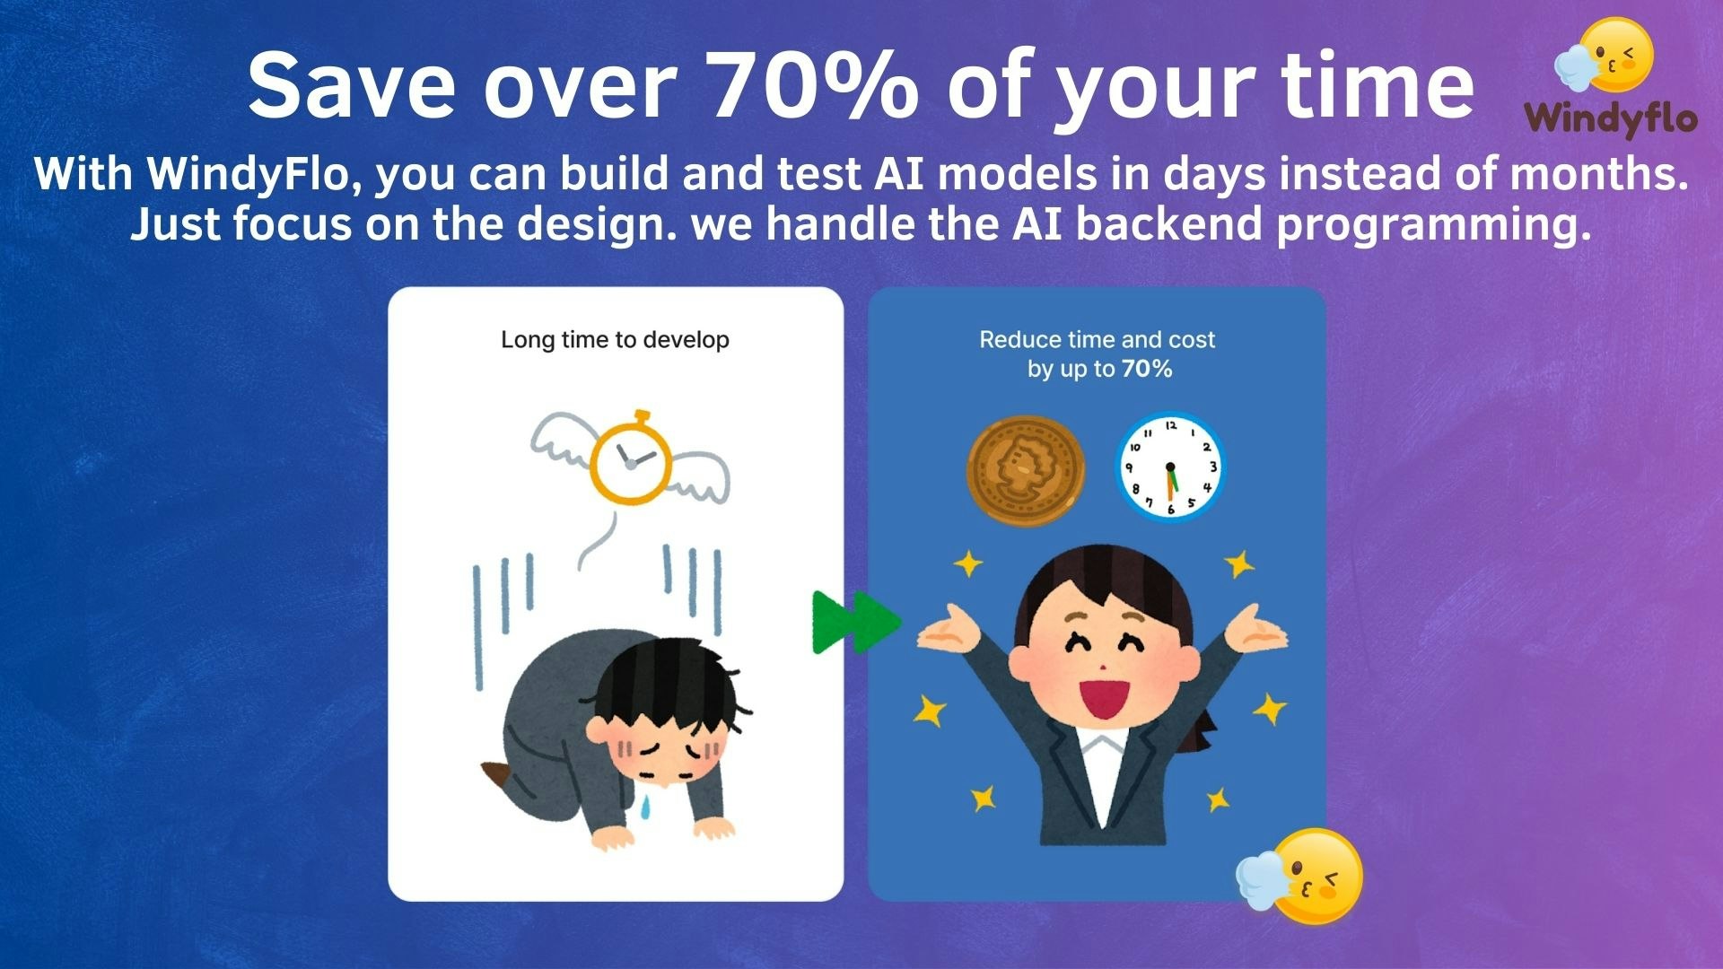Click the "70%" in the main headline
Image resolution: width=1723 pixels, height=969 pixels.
coord(815,84)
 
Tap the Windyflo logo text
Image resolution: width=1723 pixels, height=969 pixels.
coord(1611,118)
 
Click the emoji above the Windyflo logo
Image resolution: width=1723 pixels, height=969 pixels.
coord(1604,56)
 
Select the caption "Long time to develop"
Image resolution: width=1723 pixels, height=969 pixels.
coord(615,340)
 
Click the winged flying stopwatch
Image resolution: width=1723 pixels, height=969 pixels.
coord(630,458)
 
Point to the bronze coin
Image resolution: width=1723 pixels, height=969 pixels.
coord(1025,469)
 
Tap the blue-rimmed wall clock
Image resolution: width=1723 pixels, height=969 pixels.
coord(1169,467)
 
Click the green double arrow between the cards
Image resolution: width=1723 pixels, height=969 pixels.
coord(855,622)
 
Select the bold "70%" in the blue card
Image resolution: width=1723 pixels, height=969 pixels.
coord(1147,369)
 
